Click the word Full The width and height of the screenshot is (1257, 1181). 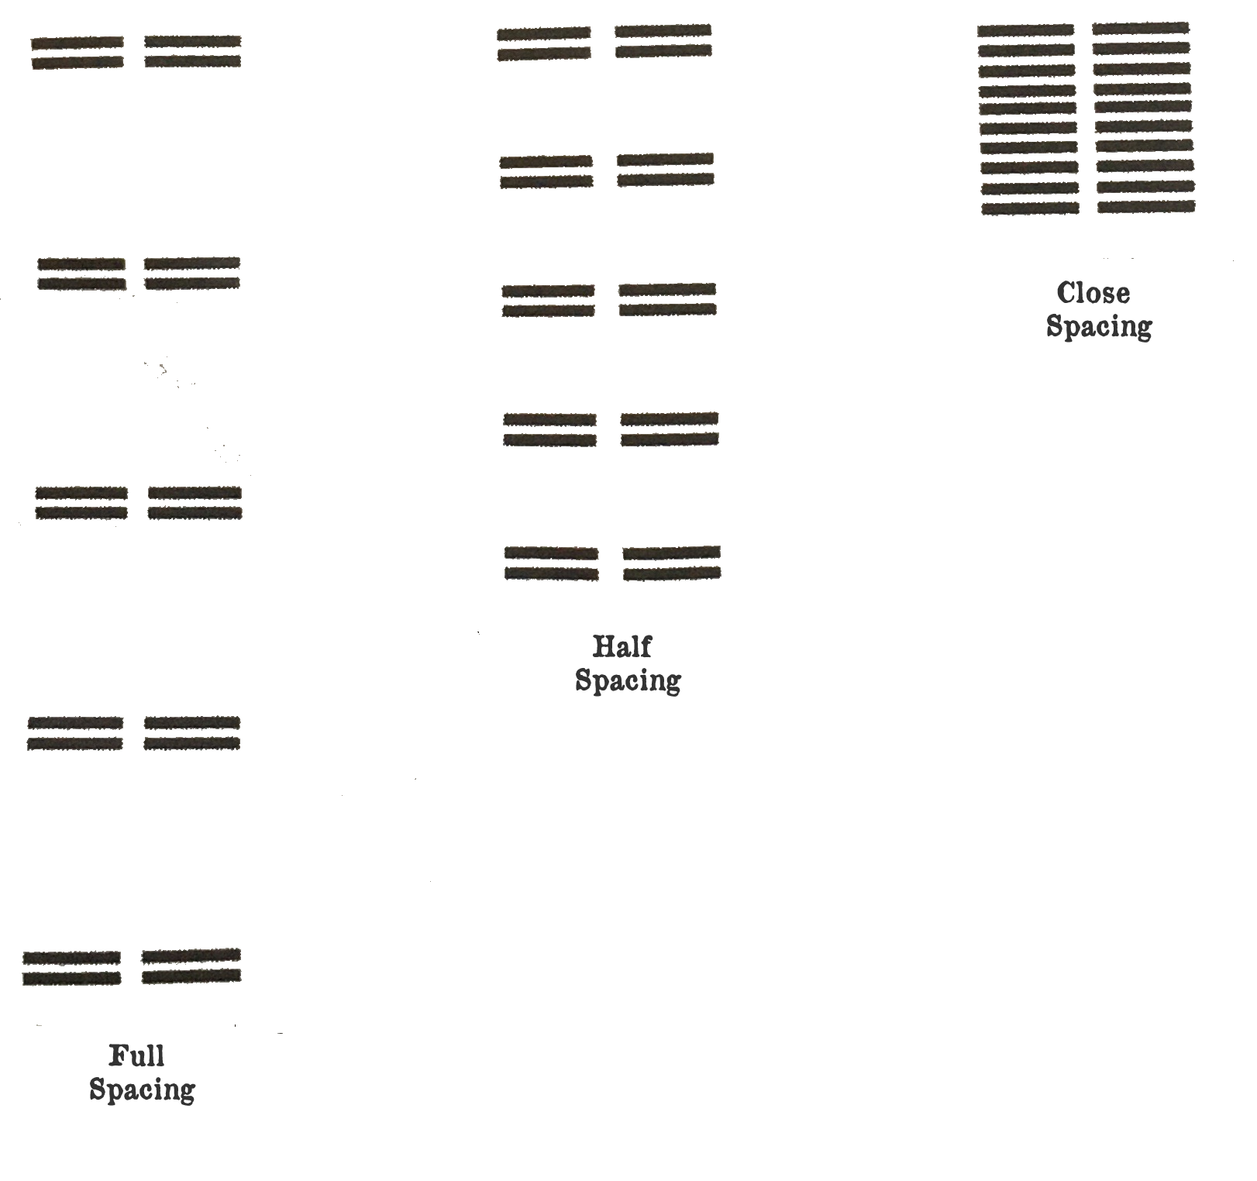(136, 1055)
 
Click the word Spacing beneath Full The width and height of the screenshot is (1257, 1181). (142, 1090)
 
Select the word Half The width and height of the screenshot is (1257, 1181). (622, 646)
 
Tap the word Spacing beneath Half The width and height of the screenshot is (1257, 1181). (628, 680)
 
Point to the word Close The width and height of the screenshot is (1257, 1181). (1093, 293)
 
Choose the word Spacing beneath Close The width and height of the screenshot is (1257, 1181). (1099, 326)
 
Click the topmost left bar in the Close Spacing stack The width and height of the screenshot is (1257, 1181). (1025, 31)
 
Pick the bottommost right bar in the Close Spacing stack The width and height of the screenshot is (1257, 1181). (1146, 207)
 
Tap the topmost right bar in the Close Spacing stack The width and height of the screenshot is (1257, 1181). (1141, 29)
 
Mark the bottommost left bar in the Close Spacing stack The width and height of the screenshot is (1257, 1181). (1030, 208)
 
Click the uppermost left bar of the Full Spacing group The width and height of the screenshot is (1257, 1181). (77, 42)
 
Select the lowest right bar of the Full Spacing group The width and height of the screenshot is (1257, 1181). (191, 976)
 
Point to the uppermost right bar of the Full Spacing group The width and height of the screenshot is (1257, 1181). (193, 40)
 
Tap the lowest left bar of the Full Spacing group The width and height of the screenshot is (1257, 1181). (72, 979)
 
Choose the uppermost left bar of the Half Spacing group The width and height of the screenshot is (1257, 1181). (544, 33)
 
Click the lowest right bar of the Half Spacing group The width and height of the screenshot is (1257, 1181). (672, 573)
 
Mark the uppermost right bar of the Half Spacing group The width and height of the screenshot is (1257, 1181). (663, 30)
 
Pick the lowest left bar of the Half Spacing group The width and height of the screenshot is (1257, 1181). (552, 573)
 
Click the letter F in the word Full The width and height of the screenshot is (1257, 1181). (119, 1055)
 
